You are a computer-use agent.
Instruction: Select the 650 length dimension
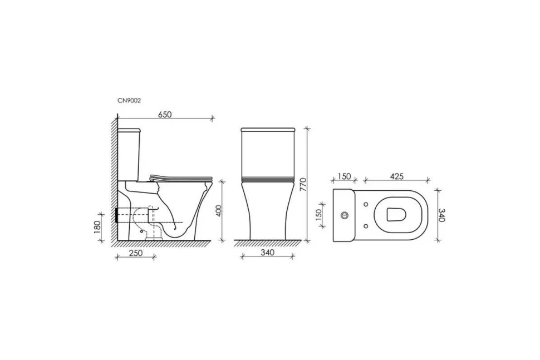(x=165, y=115)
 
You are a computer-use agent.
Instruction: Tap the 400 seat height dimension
(x=219, y=211)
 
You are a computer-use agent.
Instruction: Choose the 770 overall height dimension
(x=303, y=184)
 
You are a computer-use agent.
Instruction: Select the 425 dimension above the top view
(x=396, y=176)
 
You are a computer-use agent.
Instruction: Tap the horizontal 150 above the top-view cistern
(x=344, y=176)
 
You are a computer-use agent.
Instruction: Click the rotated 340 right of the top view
(x=442, y=215)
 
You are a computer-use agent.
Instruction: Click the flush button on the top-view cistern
(x=344, y=215)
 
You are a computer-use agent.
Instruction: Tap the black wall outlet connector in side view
(x=117, y=215)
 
